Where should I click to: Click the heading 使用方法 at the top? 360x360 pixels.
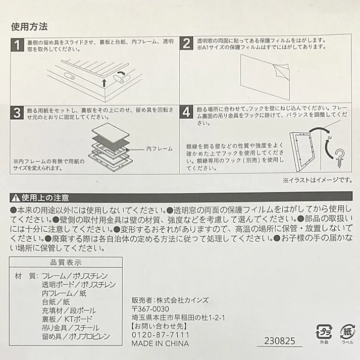coord(30,26)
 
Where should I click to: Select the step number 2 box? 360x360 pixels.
coord(187,44)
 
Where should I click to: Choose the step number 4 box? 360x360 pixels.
coord(187,112)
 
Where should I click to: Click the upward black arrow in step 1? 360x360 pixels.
coord(104,83)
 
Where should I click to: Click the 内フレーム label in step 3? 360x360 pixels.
coord(159,148)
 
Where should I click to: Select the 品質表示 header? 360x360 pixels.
coord(67,263)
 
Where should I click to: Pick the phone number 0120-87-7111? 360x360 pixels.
coord(160,335)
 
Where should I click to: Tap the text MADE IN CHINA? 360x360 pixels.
coord(160,344)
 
